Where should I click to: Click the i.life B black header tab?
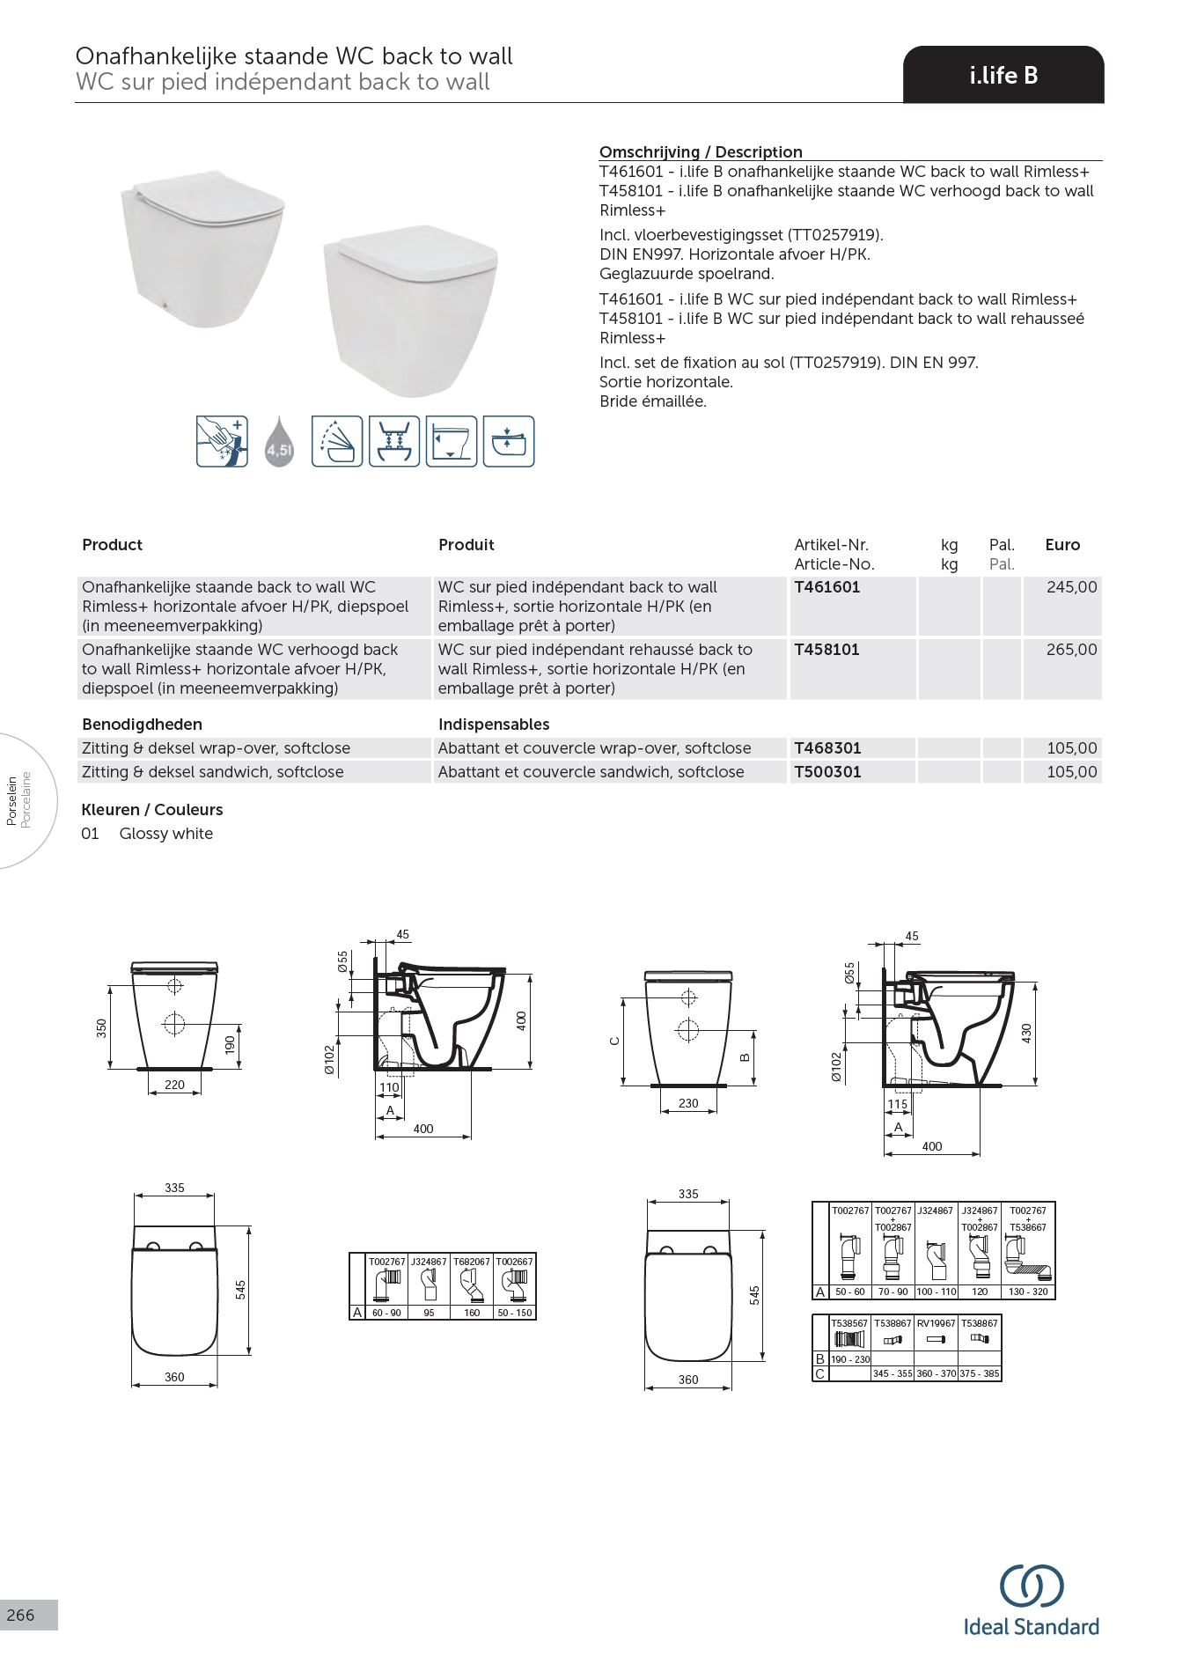[x=1003, y=76]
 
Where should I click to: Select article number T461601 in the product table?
[x=826, y=587]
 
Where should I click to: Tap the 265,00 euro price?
[x=1071, y=650]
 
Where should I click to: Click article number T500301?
[x=827, y=772]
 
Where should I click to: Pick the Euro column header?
[x=1061, y=545]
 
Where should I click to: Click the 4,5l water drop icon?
[x=279, y=442]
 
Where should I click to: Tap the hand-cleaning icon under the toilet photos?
[x=222, y=441]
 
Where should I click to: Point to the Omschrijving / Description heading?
[x=701, y=151]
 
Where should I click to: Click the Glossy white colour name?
[x=166, y=834]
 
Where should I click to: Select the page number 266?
[x=20, y=1615]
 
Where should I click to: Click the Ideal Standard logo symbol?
[x=1031, y=1586]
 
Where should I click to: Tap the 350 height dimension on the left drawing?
[x=102, y=1027]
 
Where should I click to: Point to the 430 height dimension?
[x=1026, y=1033]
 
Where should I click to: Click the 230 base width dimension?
[x=688, y=1103]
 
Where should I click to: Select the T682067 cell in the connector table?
[x=472, y=1262]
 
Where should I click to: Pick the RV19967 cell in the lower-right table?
[x=936, y=1323]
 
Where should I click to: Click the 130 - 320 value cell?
[x=1028, y=1292]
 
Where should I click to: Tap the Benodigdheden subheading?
[x=142, y=725]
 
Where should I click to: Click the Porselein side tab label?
[x=12, y=800]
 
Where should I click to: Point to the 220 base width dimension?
[x=174, y=1085]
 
